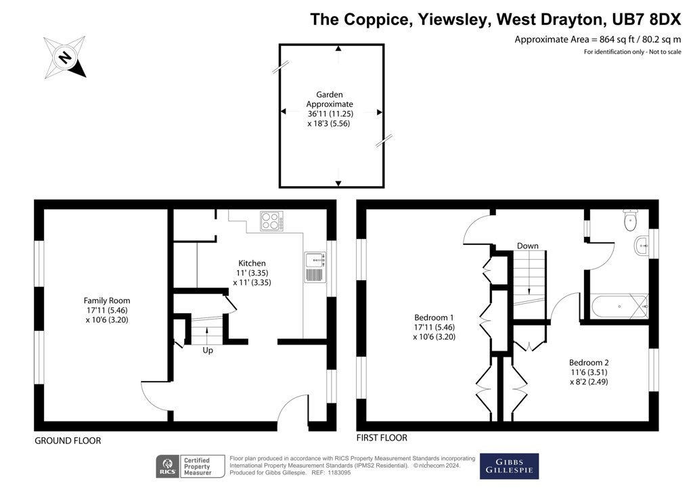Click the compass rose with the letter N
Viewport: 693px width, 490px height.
coord(64,58)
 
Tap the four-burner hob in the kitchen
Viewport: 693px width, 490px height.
coord(271,221)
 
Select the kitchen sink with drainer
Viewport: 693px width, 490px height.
coord(315,267)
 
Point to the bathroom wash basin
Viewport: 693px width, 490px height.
coord(642,246)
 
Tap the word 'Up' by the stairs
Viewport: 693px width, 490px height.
coord(208,351)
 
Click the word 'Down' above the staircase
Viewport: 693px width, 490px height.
coord(528,246)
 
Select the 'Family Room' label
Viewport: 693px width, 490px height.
coord(107,300)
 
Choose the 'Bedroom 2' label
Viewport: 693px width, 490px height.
coord(589,362)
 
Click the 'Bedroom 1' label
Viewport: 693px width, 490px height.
coord(434,317)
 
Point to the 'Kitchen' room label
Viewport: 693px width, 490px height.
coord(252,263)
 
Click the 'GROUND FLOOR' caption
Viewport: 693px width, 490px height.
coord(68,441)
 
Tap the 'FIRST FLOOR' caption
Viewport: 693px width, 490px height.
coord(382,437)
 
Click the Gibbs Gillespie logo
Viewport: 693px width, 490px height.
coord(509,466)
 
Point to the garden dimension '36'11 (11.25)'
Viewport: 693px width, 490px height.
coord(330,114)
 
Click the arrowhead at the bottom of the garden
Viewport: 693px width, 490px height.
coord(338,183)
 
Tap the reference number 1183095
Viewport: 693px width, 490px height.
coord(338,472)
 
